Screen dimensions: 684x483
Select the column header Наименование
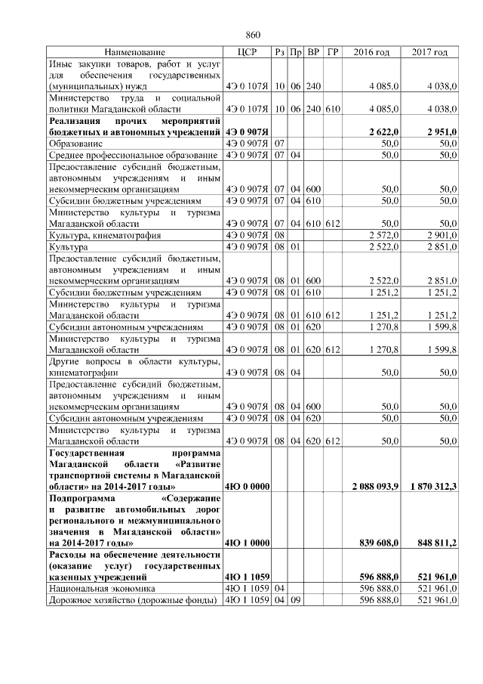tap(134, 52)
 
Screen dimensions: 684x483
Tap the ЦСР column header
tap(248, 52)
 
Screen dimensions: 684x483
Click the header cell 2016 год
tap(371, 52)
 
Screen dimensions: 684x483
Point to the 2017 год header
tap(429, 52)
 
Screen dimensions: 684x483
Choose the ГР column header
tap(333, 52)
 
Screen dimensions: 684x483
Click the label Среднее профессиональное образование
tap(132, 155)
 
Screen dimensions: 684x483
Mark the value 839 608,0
tap(380, 543)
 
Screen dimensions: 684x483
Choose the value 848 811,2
tap(438, 543)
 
